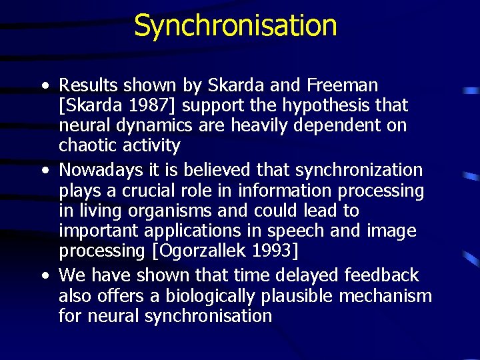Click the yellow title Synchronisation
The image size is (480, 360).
(x=235, y=25)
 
